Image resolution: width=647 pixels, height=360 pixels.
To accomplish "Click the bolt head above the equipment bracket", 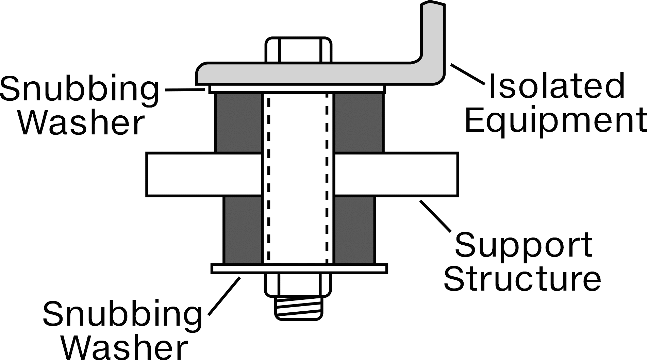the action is point(298,50).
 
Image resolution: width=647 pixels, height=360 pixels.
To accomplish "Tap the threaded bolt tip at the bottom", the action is point(299,308).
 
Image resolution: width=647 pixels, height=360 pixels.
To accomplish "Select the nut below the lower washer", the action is point(298,284).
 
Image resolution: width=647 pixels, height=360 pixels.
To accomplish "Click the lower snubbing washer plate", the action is point(299,268).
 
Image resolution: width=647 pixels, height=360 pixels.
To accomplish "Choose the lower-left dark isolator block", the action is point(243,230).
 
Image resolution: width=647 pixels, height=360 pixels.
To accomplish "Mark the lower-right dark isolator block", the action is point(355,230).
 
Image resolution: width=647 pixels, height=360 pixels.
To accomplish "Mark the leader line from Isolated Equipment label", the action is point(467,74).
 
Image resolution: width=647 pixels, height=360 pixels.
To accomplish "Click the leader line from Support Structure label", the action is point(436,216).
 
